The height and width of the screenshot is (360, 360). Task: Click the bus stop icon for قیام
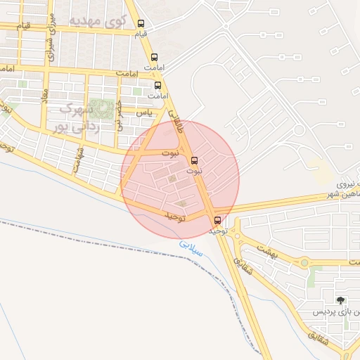pyautogui.click(x=141, y=24)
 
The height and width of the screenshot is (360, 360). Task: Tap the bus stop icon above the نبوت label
pyautogui.click(x=195, y=160)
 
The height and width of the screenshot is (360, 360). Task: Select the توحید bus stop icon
pyautogui.click(x=217, y=220)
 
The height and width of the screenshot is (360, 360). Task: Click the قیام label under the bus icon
pyautogui.click(x=141, y=34)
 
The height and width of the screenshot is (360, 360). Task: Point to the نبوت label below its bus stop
pyautogui.click(x=195, y=171)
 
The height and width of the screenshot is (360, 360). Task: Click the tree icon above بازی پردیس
pyautogui.click(x=341, y=300)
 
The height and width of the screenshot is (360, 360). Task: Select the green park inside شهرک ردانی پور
pyautogui.click(x=103, y=108)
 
